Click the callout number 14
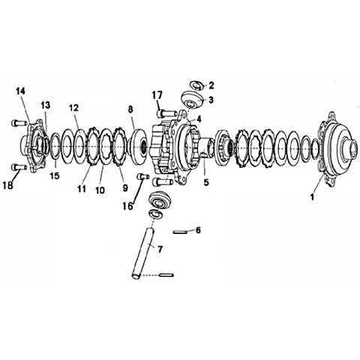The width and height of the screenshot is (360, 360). (x=20, y=91)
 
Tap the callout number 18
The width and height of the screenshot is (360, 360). (x=7, y=185)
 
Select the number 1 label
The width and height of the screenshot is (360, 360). (x=312, y=197)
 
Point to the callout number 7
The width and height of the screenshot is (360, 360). (x=160, y=249)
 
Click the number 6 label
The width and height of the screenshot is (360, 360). (x=198, y=230)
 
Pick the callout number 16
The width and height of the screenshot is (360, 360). (x=128, y=206)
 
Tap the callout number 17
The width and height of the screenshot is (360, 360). (x=157, y=95)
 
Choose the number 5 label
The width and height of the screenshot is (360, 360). (x=206, y=182)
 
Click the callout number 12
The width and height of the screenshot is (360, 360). (x=74, y=108)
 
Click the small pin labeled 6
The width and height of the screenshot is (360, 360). (x=180, y=232)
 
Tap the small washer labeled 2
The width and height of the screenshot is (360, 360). (x=197, y=85)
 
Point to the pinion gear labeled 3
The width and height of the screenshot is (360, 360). (x=192, y=100)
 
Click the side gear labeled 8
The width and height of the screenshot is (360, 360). (x=137, y=146)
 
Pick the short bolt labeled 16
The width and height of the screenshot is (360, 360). (x=143, y=177)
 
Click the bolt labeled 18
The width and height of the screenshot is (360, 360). (x=19, y=166)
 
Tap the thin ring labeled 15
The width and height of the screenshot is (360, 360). (x=55, y=146)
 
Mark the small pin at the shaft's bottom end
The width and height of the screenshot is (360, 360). (x=166, y=275)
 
